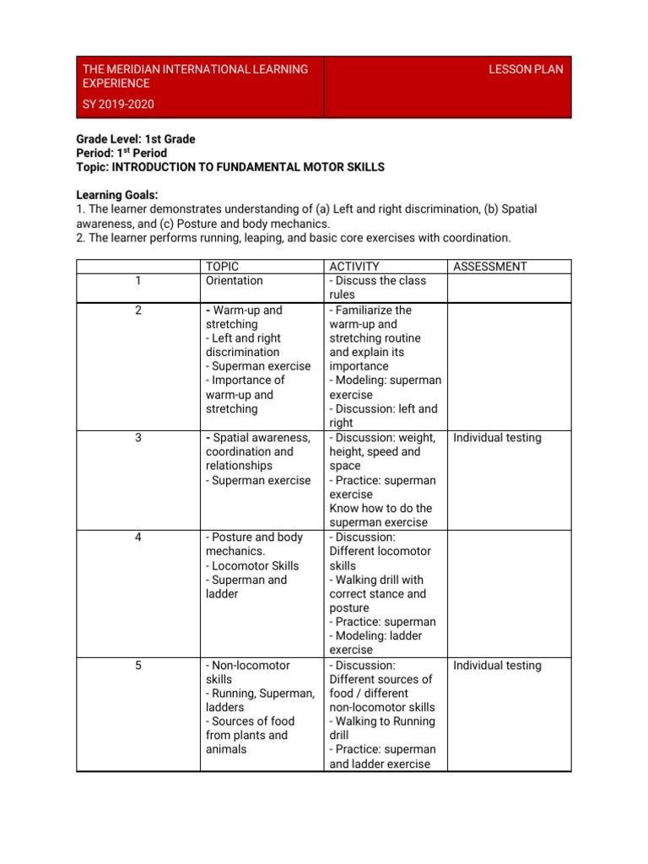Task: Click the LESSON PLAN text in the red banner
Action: (x=526, y=69)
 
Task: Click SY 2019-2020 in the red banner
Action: (x=118, y=105)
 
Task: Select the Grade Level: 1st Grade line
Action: (x=135, y=138)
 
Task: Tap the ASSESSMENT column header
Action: (x=490, y=267)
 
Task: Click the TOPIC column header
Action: (x=222, y=267)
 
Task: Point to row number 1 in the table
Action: (x=138, y=281)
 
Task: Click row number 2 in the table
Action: (x=138, y=310)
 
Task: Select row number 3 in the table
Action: (x=138, y=438)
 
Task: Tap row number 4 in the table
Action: (x=138, y=537)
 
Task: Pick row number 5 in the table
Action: (x=138, y=666)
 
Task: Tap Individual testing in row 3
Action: (x=497, y=438)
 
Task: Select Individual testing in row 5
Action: (x=497, y=666)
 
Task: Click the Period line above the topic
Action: (x=121, y=153)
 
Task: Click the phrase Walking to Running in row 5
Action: (x=382, y=721)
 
